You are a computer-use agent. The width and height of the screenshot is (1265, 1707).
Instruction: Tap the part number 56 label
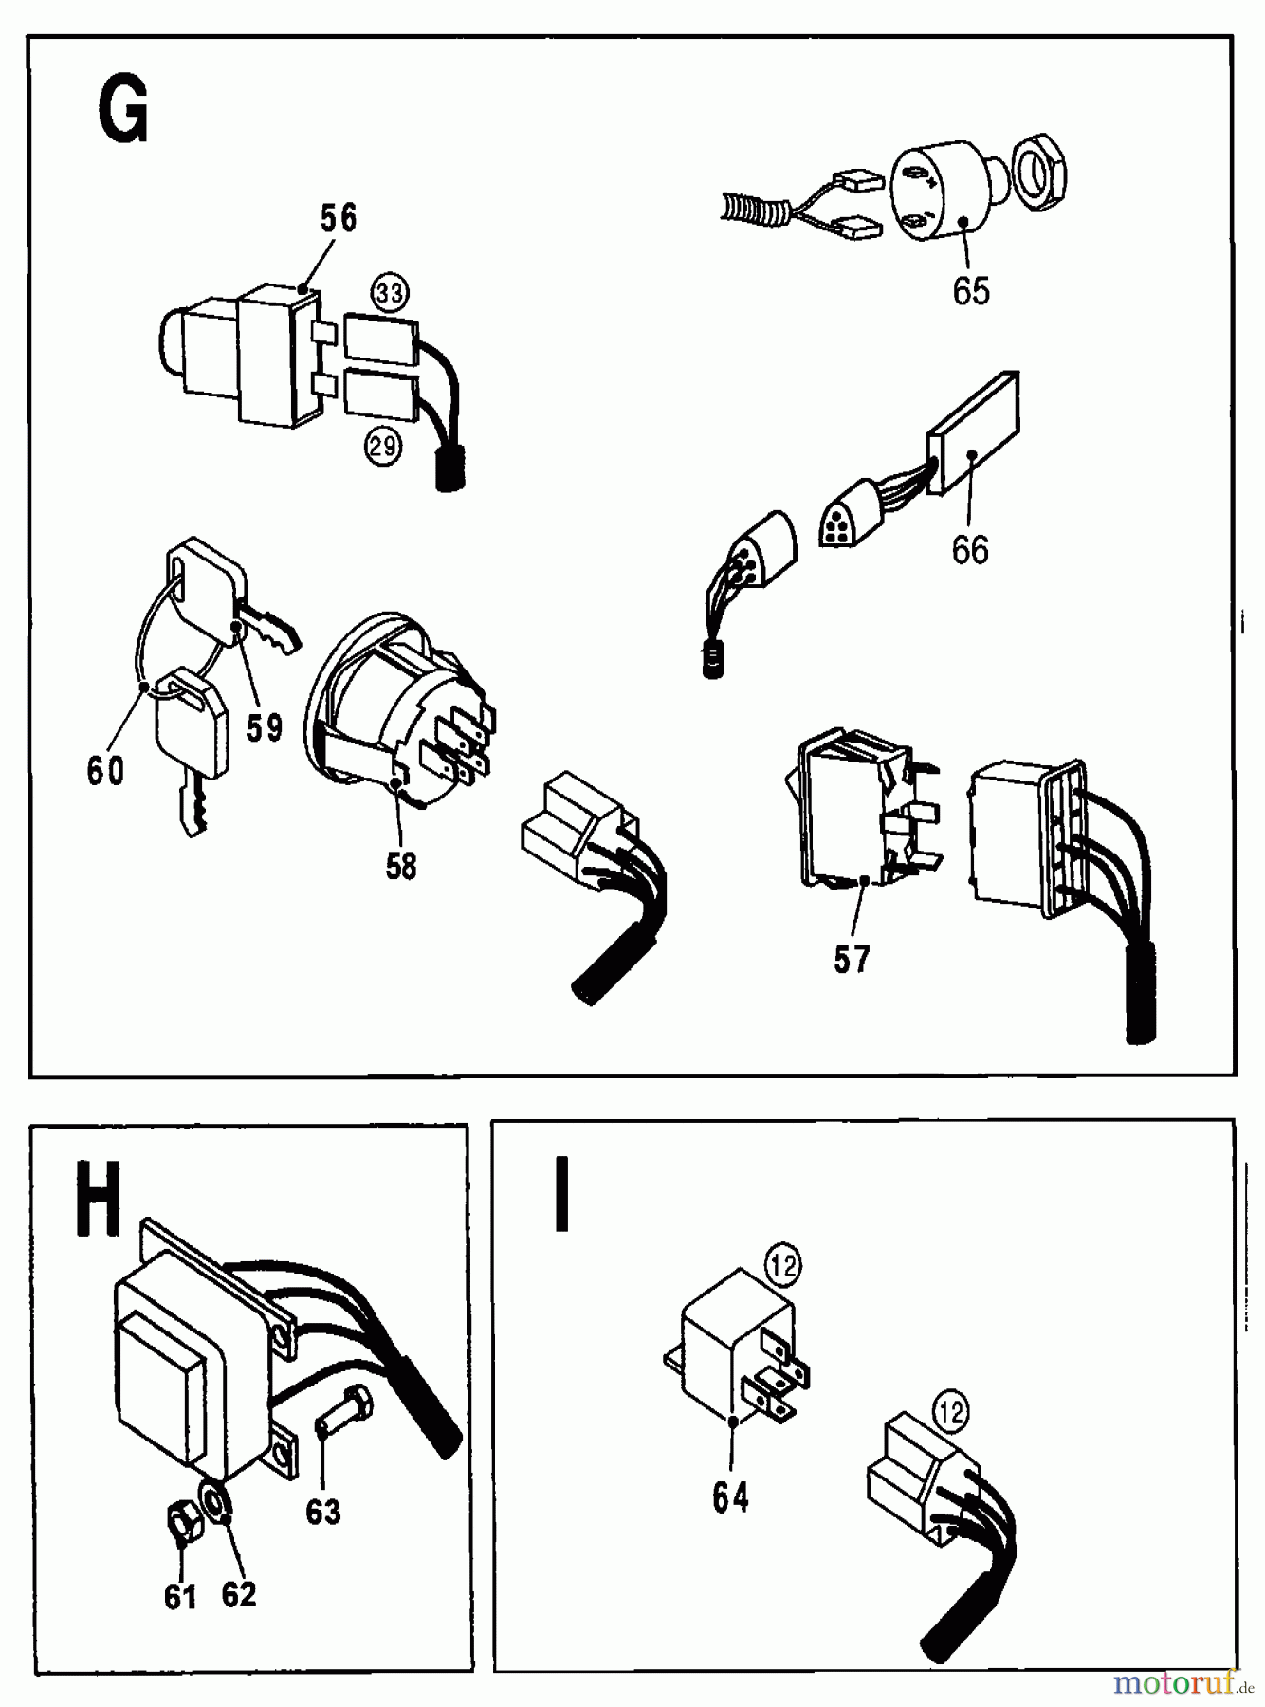click(x=338, y=218)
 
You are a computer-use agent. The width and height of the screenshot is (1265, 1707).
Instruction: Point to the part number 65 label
click(x=971, y=291)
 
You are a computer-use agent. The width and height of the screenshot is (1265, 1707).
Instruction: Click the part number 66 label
click(x=969, y=550)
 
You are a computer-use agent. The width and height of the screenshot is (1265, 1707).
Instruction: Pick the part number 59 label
click(x=265, y=727)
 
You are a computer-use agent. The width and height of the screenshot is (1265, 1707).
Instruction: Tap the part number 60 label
click(x=105, y=770)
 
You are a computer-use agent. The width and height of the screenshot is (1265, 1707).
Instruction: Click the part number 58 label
click(x=400, y=866)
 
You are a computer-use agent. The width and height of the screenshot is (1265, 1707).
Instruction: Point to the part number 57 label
click(x=851, y=960)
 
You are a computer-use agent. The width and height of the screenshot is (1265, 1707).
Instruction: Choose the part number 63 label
click(x=322, y=1511)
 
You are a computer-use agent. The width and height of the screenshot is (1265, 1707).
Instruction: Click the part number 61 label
click(x=180, y=1596)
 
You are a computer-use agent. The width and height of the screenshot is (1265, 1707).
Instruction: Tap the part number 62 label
click(x=239, y=1593)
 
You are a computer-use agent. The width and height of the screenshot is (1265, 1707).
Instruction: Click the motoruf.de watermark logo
click(x=1182, y=1683)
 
